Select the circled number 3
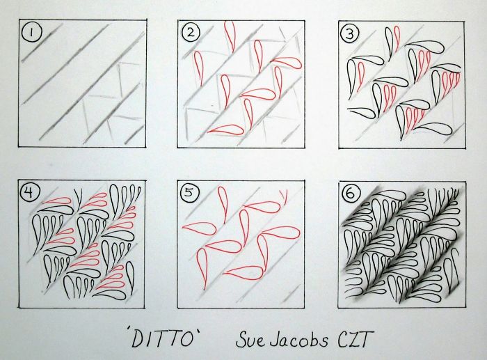[x=350, y=33]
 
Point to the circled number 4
[x=29, y=194]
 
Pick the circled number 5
[x=189, y=193]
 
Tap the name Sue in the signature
[x=250, y=339]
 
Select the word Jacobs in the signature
[x=298, y=339]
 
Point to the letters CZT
[x=356, y=339]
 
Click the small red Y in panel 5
[x=284, y=196]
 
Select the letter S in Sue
[x=241, y=339]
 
